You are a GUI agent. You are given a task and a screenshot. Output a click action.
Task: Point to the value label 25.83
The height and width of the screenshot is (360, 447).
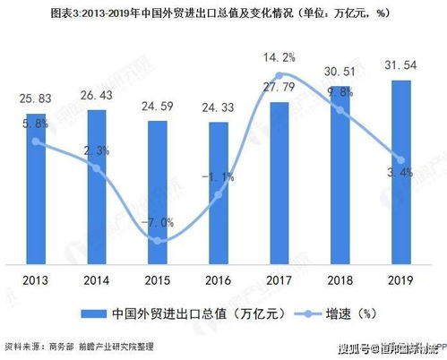pyautogui.click(x=36, y=97)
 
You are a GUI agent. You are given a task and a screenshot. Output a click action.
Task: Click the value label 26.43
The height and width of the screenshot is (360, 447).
pyautogui.click(x=97, y=96)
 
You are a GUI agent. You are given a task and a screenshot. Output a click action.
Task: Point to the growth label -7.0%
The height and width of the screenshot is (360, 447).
pyautogui.click(x=158, y=222)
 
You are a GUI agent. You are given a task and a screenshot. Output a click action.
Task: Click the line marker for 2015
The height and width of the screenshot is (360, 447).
pyautogui.click(x=158, y=241)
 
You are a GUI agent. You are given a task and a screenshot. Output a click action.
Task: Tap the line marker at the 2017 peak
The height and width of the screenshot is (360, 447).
pyautogui.click(x=279, y=75)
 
